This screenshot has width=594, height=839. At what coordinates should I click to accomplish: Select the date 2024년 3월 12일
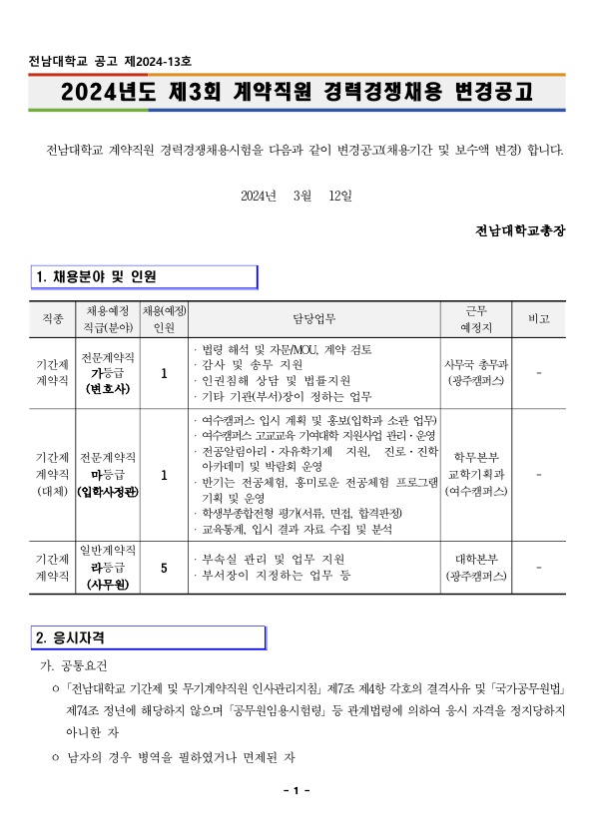(x=296, y=195)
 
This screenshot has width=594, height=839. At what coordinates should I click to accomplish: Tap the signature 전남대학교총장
(x=521, y=229)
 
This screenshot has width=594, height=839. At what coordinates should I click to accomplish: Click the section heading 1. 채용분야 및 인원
(x=97, y=276)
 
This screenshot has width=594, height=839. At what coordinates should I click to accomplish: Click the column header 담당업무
(x=314, y=319)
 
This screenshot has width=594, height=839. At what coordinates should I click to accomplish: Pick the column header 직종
(x=52, y=319)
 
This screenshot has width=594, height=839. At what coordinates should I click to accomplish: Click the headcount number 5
(x=164, y=567)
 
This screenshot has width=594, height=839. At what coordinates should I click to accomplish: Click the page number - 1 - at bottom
(x=297, y=791)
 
